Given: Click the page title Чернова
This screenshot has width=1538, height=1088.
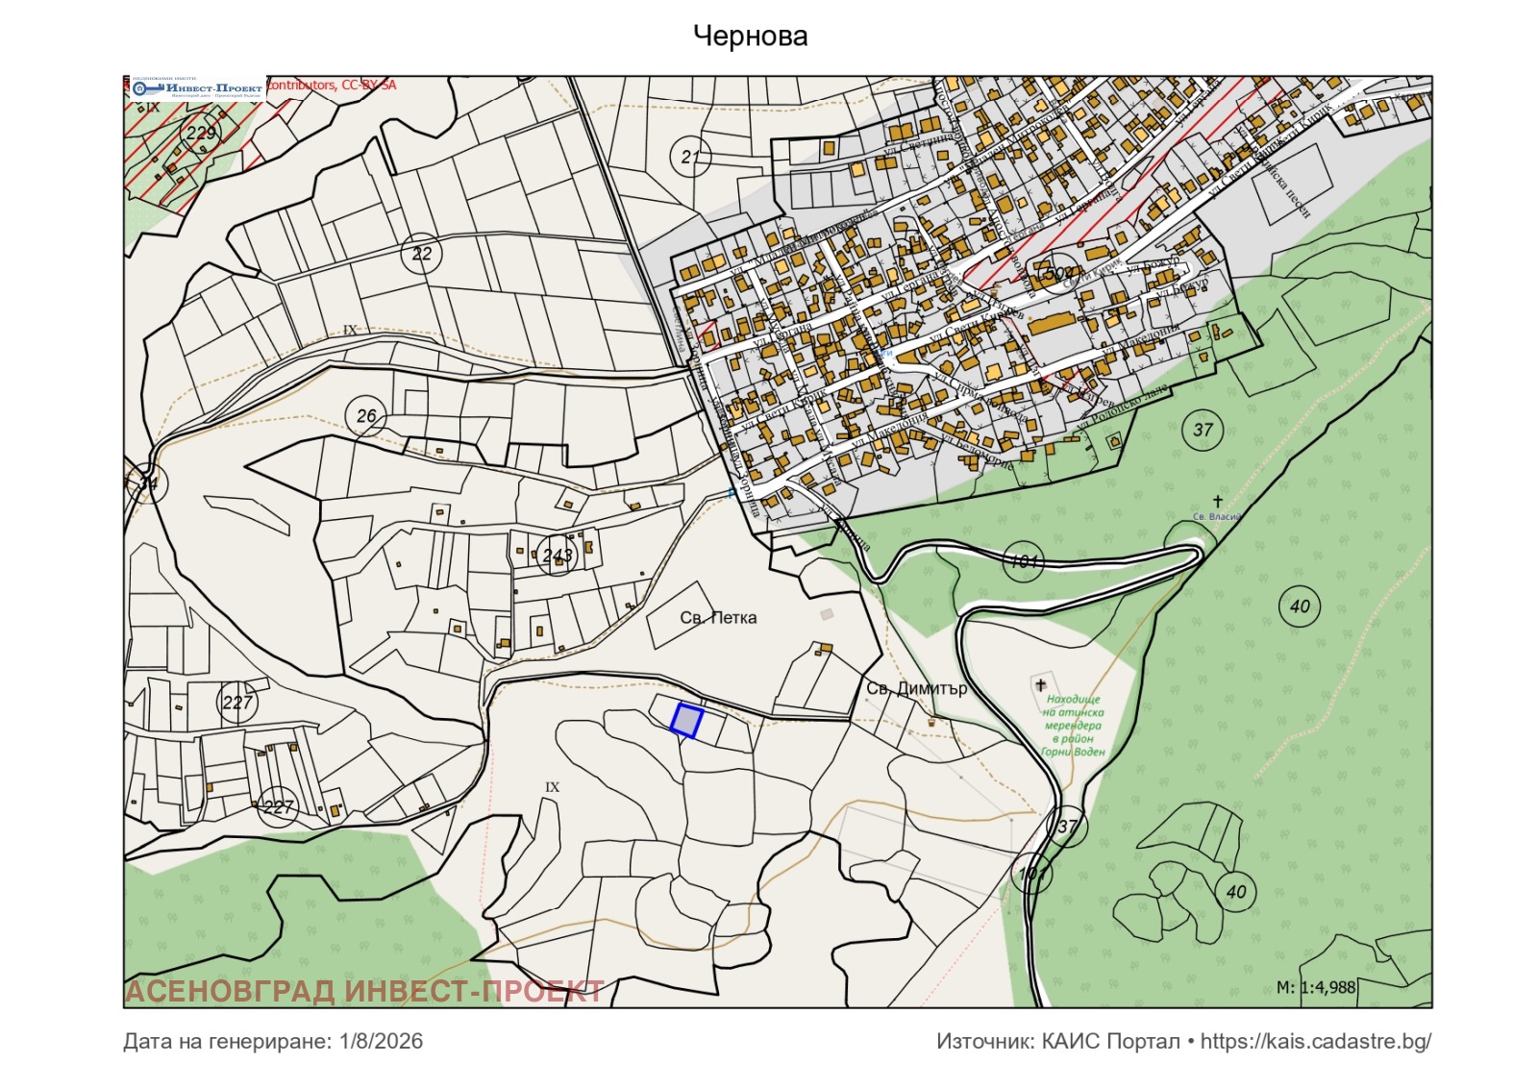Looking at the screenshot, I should point(750,37).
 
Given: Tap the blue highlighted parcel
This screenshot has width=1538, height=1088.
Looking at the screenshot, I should point(686,720).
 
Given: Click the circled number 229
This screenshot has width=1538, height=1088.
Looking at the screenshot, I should point(201,133).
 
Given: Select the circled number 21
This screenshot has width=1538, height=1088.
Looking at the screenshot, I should point(690,157).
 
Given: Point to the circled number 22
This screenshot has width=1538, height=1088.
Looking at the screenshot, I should point(421,254).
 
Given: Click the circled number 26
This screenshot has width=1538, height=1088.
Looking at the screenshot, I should point(366,416).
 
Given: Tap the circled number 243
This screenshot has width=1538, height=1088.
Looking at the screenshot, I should point(557,555).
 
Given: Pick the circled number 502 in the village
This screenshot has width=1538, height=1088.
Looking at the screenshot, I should point(1057,274).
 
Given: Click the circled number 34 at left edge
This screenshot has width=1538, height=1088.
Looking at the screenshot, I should point(147,482).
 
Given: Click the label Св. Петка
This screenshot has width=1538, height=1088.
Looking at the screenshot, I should point(718,618).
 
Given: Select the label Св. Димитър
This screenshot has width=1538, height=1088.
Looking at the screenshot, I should point(916,688).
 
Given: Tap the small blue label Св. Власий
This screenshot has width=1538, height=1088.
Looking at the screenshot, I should point(1216,517).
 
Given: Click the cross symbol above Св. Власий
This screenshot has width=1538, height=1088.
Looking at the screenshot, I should point(1218,501).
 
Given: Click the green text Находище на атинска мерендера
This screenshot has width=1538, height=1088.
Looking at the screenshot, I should point(1073,726).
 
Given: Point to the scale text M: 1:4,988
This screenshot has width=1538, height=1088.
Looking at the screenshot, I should point(1315,987).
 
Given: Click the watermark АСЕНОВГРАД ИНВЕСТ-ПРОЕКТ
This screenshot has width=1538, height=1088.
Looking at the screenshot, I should point(365,991).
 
